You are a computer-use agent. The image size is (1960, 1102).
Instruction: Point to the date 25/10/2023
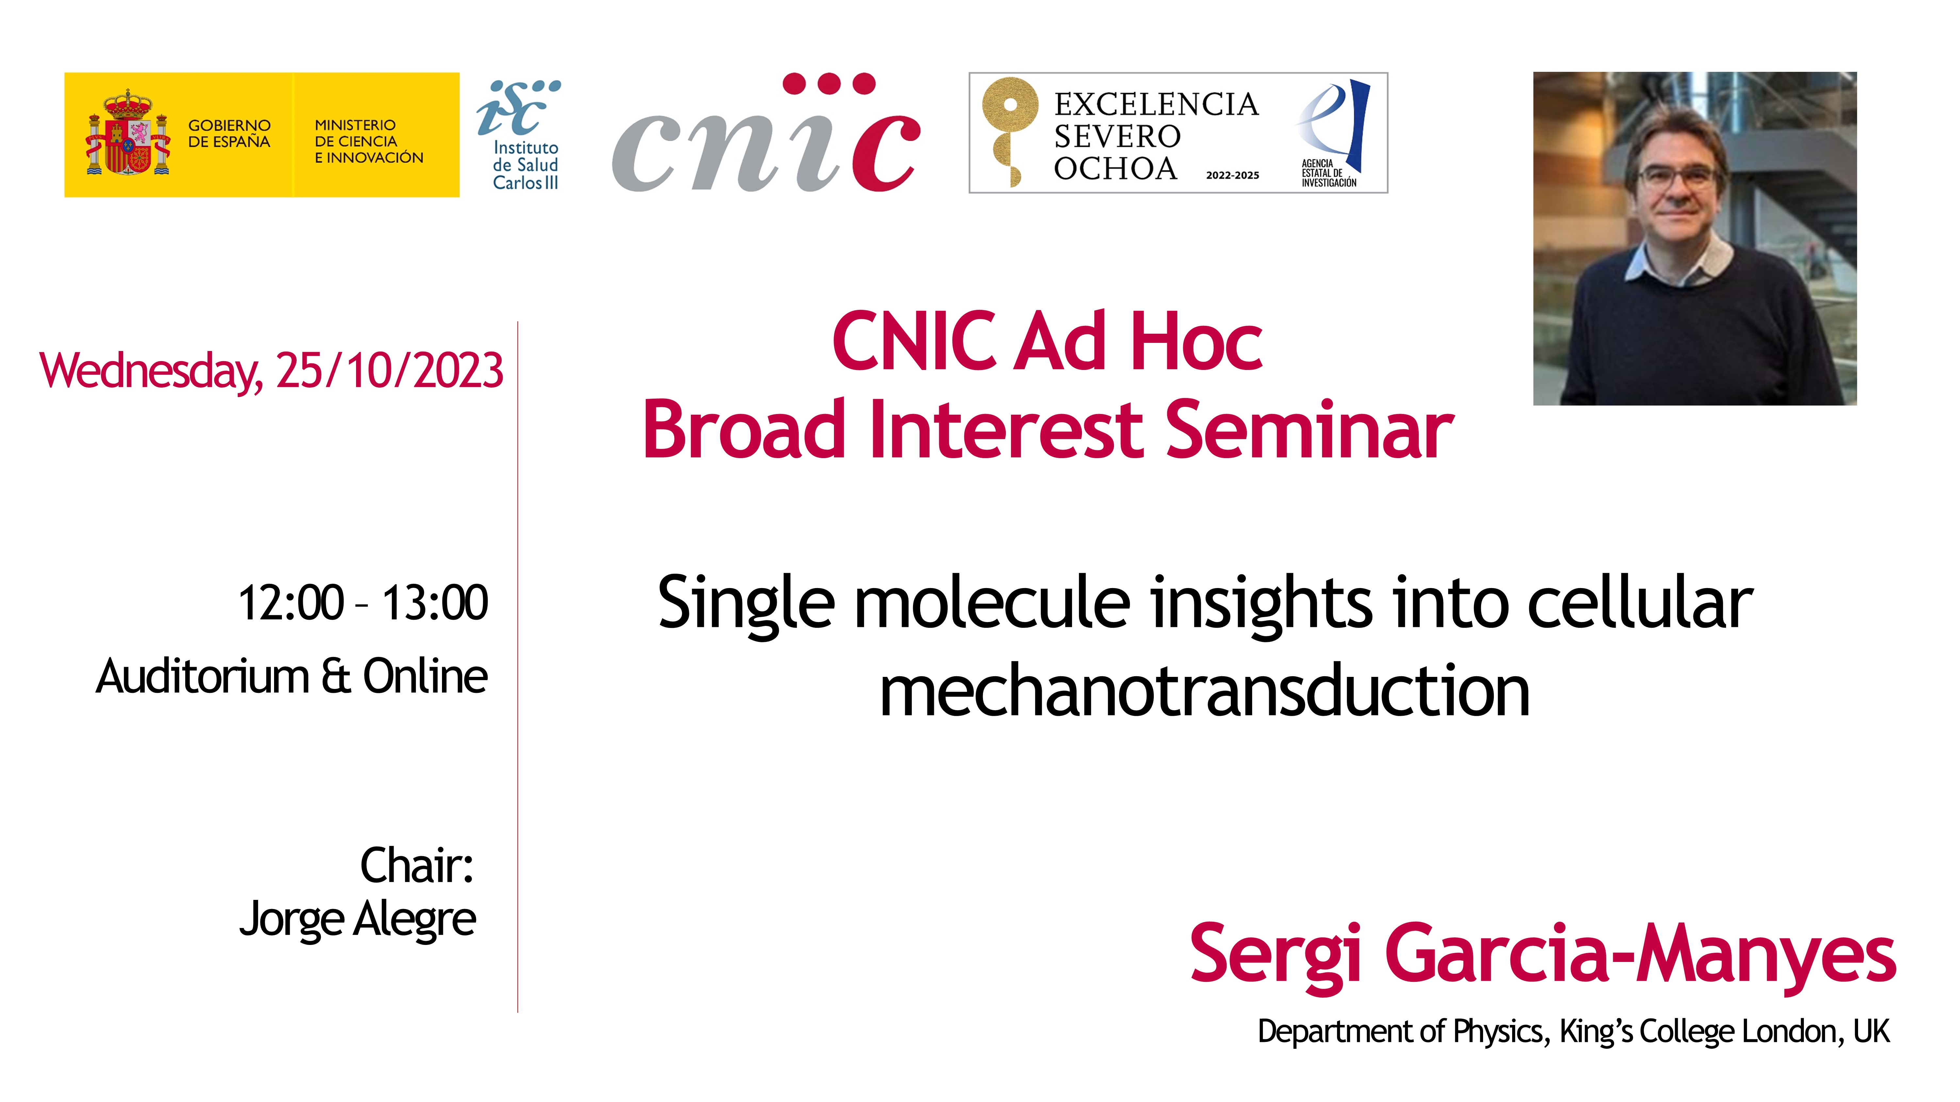[390, 371]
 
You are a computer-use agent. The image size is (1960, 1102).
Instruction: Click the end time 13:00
[434, 603]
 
